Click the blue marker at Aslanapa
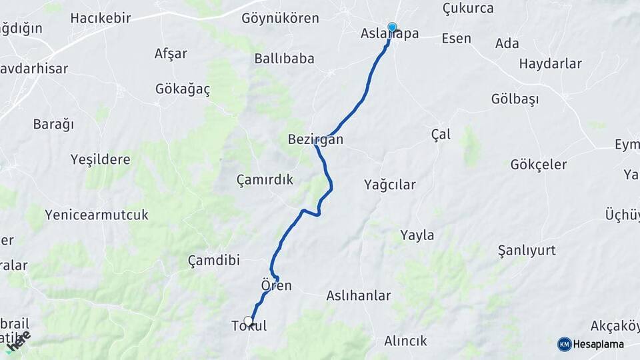392,27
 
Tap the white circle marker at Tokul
249,321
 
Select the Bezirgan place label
315,140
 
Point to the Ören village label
277,285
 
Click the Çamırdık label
265,179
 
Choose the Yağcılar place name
390,185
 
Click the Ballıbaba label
284,59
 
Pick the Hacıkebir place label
101,18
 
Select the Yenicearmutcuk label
97,215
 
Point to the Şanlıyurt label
527,251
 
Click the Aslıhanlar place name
359,295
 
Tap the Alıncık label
405,341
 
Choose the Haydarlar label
550,64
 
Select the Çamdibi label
213,260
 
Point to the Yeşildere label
101,159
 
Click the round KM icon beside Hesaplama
564,344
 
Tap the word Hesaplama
599,344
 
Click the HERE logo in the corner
19,341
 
